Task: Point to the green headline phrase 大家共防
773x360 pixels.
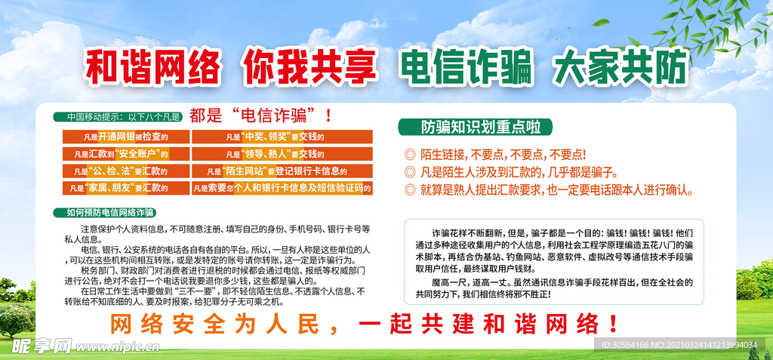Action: pos(620,66)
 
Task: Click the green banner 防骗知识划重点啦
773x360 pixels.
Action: pos(475,127)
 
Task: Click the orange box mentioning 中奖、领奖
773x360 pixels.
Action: pos(282,137)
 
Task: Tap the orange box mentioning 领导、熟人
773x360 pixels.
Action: pos(282,154)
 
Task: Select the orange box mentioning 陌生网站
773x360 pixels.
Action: pos(282,171)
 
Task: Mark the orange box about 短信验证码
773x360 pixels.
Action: pos(282,188)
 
